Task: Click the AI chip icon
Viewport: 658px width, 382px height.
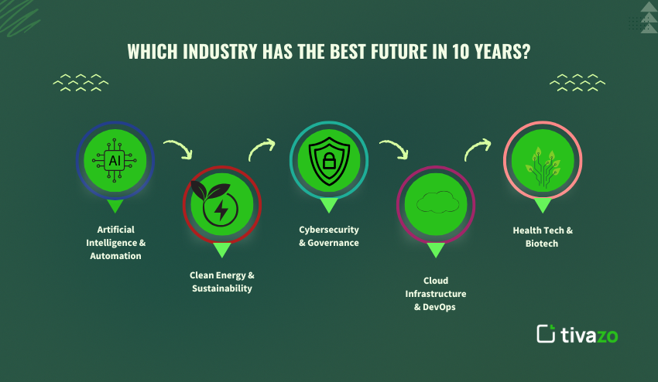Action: coord(115,160)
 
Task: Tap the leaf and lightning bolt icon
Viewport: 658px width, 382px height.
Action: coord(221,204)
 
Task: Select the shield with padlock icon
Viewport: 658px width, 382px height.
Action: coord(328,159)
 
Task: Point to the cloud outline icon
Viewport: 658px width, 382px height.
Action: coord(435,204)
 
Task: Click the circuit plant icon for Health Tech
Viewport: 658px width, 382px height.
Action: coord(542,160)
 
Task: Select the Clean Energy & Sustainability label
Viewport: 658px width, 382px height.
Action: coord(222,281)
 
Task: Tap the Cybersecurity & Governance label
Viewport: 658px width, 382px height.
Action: coord(329,236)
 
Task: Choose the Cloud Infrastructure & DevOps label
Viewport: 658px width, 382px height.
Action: coord(435,294)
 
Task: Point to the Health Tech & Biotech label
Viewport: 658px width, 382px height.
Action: coord(542,237)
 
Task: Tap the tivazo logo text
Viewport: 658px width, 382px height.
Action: coord(590,334)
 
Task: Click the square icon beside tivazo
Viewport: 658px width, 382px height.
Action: coord(547,333)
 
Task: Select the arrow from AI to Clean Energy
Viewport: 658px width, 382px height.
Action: coord(178,148)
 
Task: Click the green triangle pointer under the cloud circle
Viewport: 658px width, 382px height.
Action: coord(435,249)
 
